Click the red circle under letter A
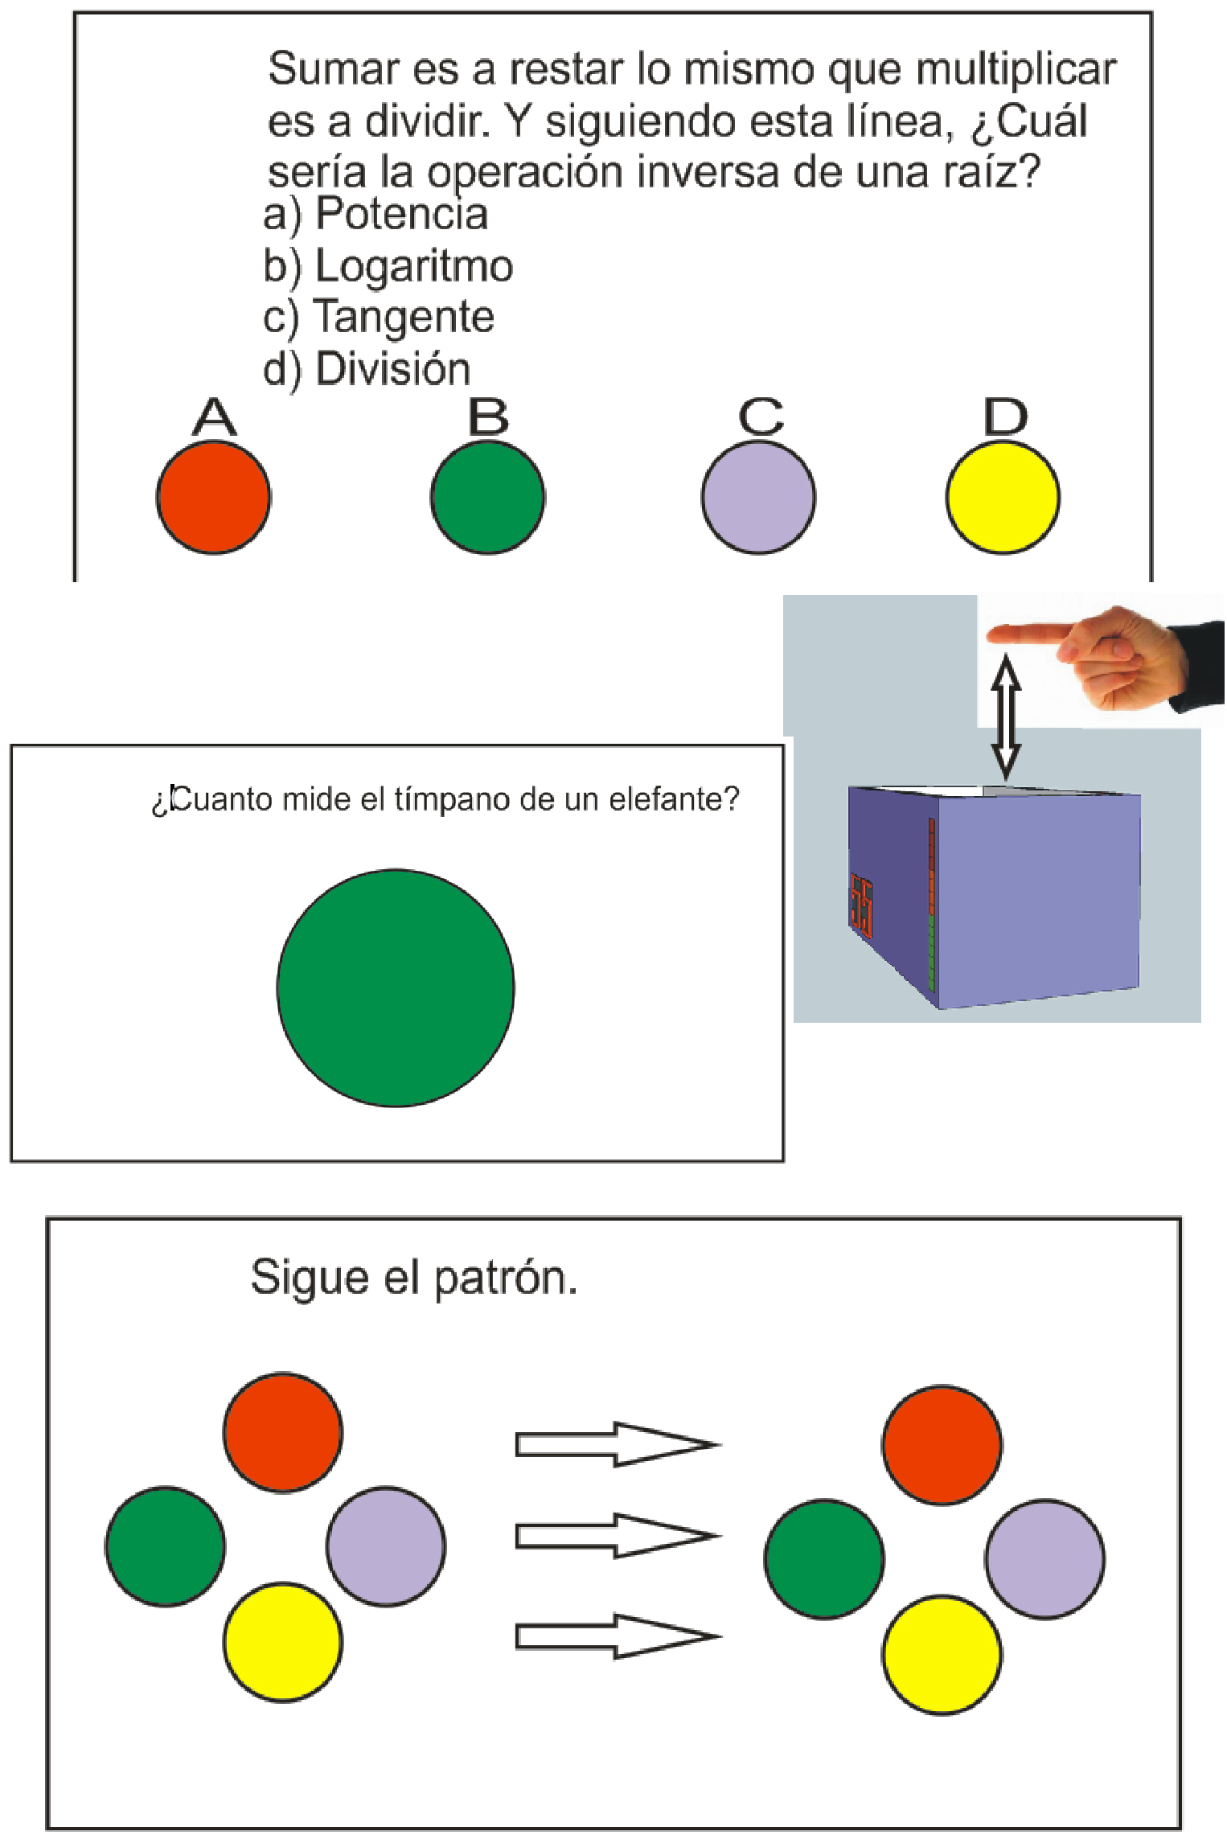coord(213,497)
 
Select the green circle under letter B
coord(487,497)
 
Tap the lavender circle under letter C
coord(757,497)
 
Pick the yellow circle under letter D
coord(1002,497)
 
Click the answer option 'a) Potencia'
coord(375,215)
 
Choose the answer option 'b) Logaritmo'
coord(388,266)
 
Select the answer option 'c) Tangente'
coord(379,318)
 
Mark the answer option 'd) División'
coord(367,369)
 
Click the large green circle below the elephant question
coord(396,987)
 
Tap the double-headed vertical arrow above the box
coord(1006,717)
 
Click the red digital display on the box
coord(862,905)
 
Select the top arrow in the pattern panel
coord(617,1444)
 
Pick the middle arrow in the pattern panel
coord(617,1536)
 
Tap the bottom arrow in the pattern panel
coord(617,1636)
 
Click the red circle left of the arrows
coord(283,1433)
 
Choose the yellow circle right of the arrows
coord(942,1655)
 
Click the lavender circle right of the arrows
coord(1044,1558)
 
